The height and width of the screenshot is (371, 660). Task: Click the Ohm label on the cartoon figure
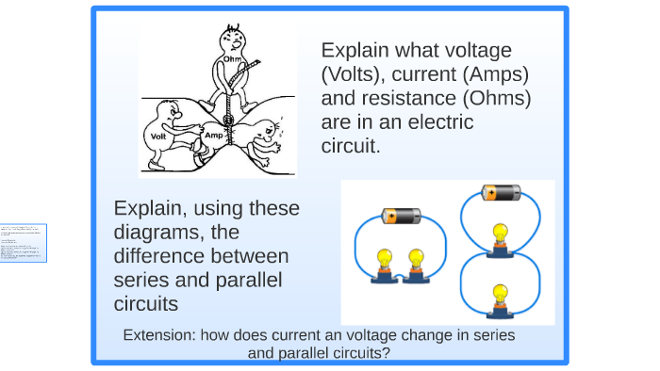tap(231, 59)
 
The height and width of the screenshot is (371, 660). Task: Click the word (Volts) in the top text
tap(356, 74)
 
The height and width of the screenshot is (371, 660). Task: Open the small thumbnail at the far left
tap(23, 243)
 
